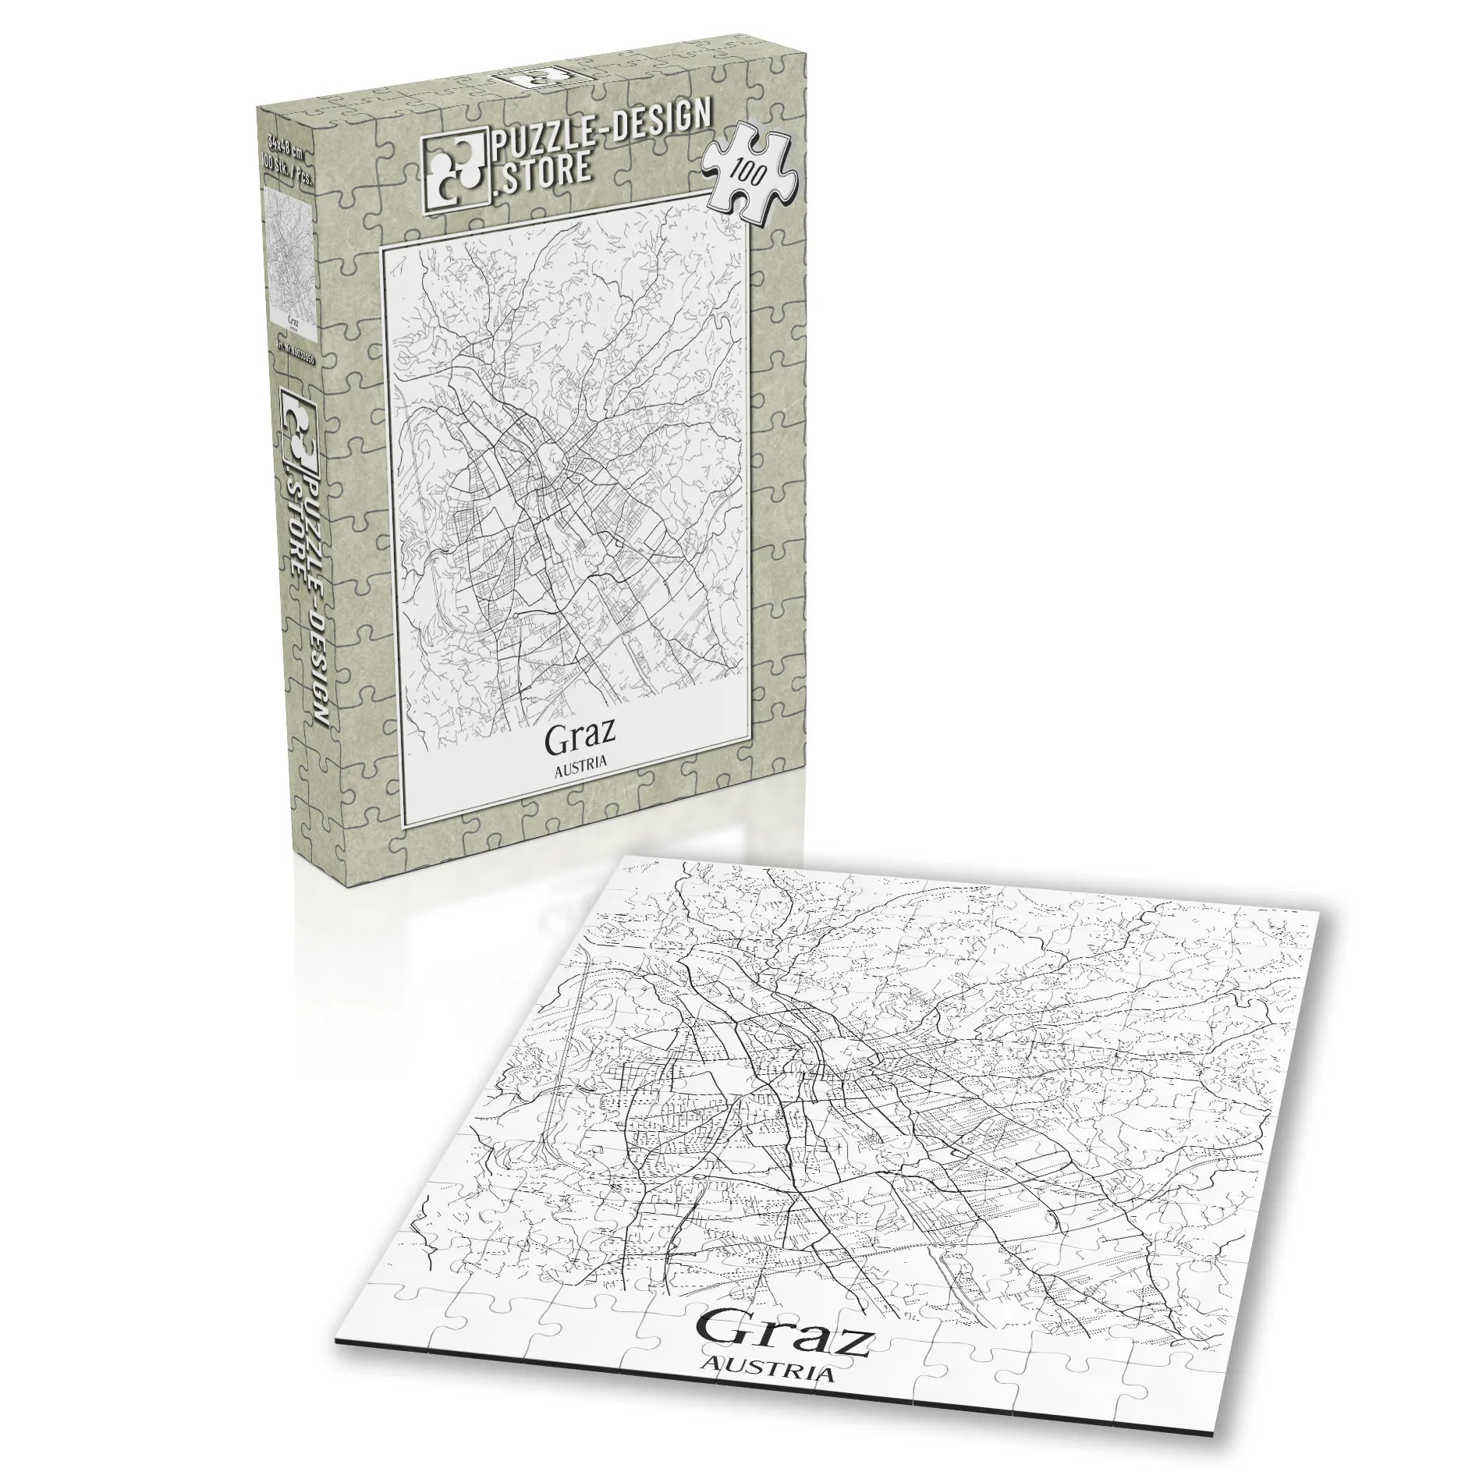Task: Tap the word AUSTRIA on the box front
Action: pyautogui.click(x=580, y=767)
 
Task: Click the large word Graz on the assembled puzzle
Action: pyautogui.click(x=783, y=1335)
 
